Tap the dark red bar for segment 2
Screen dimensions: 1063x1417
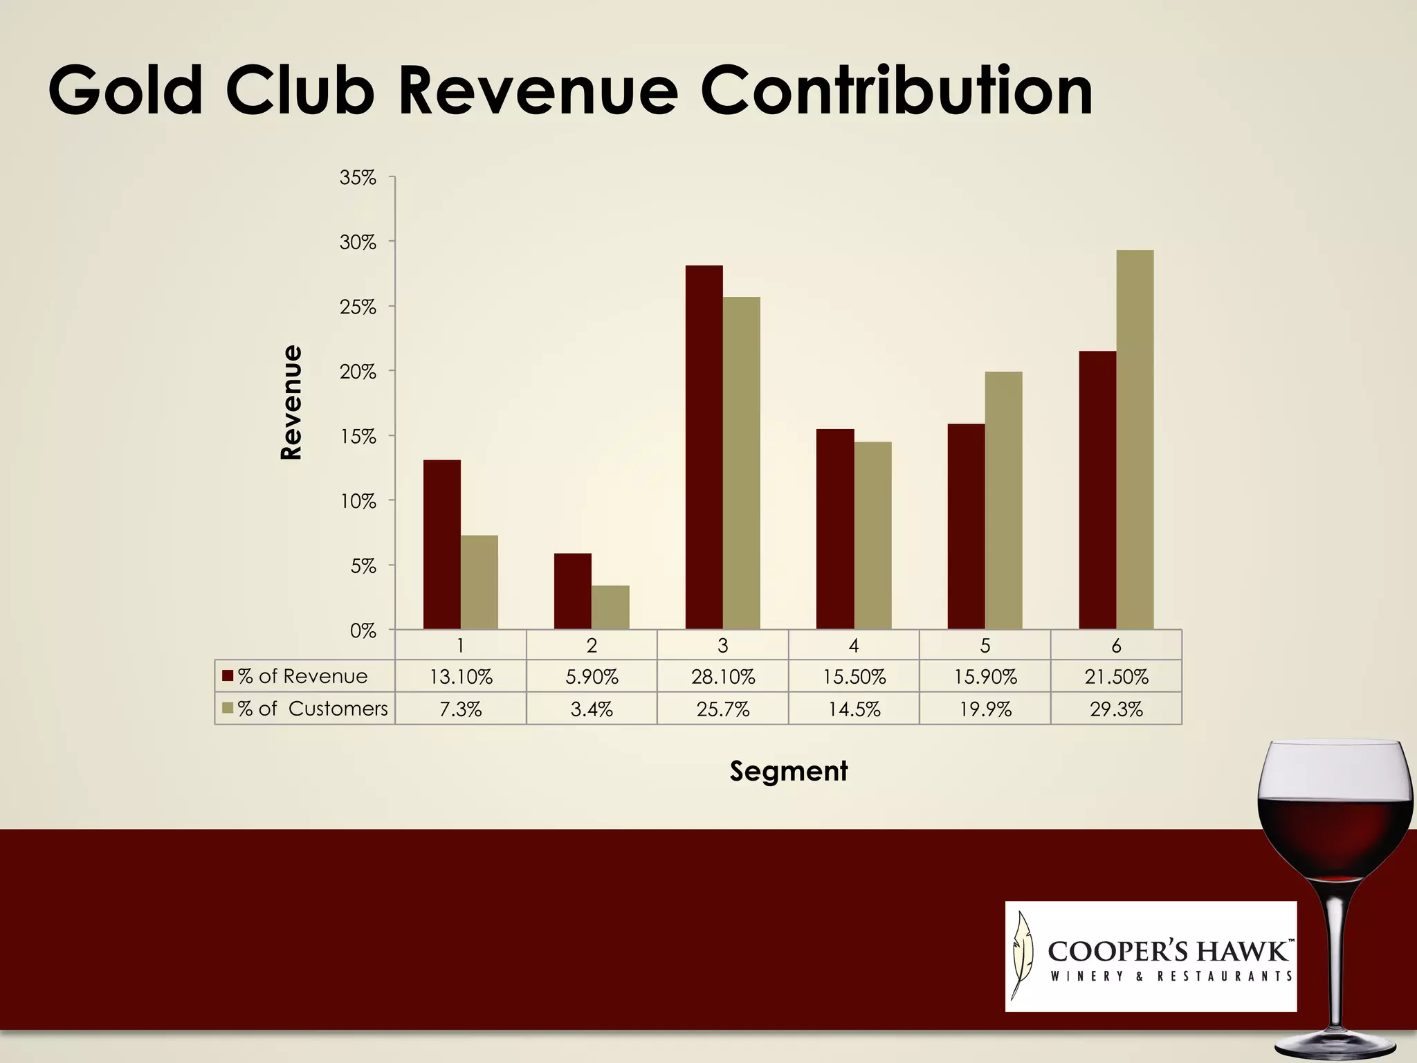pos(572,591)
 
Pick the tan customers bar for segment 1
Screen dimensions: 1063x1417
pos(479,582)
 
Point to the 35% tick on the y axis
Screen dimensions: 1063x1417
pos(358,178)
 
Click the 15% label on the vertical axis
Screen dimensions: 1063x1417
pos(358,437)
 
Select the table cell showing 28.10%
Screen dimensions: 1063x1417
pos(722,676)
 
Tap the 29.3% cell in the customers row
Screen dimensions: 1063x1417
pos(1116,709)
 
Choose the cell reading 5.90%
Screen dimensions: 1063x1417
pos(592,676)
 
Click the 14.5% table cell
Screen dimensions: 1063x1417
pos(854,709)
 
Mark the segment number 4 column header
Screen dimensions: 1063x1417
pos(854,645)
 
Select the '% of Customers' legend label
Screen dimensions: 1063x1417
pos(311,709)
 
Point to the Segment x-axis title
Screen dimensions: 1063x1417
pos(788,771)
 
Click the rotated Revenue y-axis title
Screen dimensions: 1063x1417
pos(291,402)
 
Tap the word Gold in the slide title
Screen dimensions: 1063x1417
pos(125,91)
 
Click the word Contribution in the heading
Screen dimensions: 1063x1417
pos(896,91)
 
